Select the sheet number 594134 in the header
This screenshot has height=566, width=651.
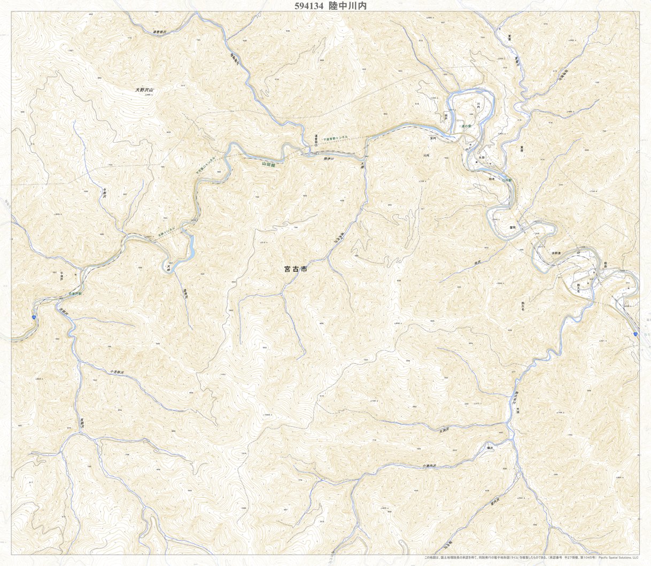click(309, 6)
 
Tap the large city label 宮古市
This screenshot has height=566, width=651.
click(296, 270)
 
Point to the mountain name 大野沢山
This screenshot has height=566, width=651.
click(144, 90)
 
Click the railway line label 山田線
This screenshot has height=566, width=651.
click(268, 165)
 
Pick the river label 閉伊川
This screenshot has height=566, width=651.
click(329, 159)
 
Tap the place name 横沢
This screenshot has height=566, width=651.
click(489, 447)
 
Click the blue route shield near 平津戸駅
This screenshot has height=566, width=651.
click(34, 317)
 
